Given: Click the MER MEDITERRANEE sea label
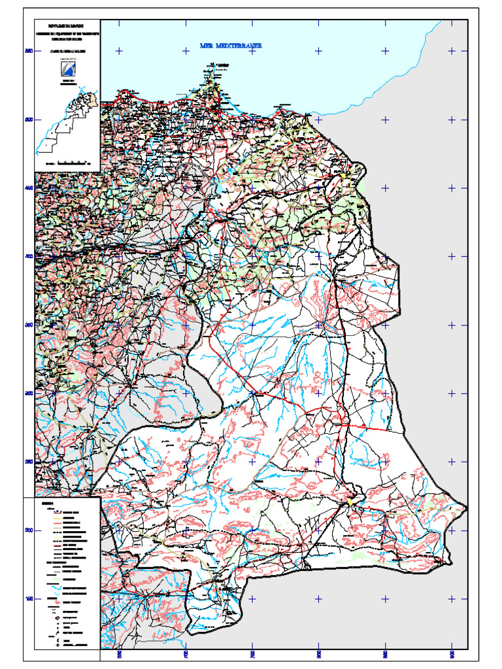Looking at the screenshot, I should point(231,46).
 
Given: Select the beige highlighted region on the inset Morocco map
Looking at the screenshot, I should point(92,99).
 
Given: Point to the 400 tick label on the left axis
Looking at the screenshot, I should point(28,257).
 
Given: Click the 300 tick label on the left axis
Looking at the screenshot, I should point(28,393).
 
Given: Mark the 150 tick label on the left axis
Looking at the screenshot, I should point(28,598).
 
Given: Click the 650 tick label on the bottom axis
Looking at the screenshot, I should point(119,654).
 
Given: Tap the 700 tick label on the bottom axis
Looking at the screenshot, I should point(186,654).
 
